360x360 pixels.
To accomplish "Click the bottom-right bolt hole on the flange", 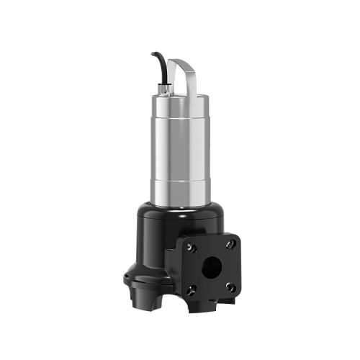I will pos(230,286).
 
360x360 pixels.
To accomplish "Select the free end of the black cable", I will pos(153,55).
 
